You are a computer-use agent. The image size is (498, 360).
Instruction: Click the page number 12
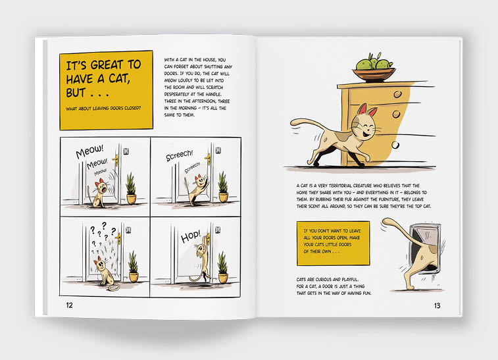point(69,305)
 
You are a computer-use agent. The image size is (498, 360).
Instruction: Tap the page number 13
point(437,305)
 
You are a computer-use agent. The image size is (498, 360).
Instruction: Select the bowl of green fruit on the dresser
point(374,68)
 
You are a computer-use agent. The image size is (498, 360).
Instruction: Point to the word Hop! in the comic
point(191,236)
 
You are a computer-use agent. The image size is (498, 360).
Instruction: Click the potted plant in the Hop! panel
point(223,267)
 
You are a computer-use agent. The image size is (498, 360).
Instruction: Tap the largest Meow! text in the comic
point(89,151)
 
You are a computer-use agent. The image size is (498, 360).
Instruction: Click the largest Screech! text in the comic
point(180,155)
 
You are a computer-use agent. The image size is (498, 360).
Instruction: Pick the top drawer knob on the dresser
point(397,94)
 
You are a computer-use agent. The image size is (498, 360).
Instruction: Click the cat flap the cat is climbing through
point(424,248)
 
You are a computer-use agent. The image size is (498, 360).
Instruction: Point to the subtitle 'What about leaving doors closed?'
point(103,109)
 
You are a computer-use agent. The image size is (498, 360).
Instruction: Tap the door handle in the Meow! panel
point(116,160)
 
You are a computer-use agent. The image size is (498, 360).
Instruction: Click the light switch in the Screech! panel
point(218,149)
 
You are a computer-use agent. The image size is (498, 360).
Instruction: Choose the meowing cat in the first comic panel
point(99,193)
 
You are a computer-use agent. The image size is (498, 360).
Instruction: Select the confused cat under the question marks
point(103,272)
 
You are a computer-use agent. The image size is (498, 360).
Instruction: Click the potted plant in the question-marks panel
point(134,267)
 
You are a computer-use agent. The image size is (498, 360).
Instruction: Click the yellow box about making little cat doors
point(333,243)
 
